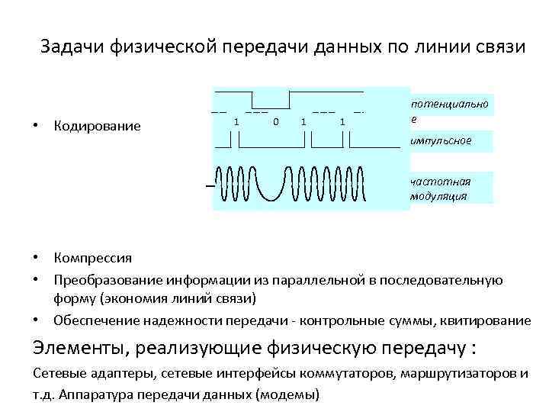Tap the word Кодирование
click(97, 125)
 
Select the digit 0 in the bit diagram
click(275, 121)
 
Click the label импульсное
click(440, 141)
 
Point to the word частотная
click(440, 182)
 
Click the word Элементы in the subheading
click(72, 349)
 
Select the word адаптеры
click(107, 374)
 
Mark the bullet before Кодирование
click(37, 125)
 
